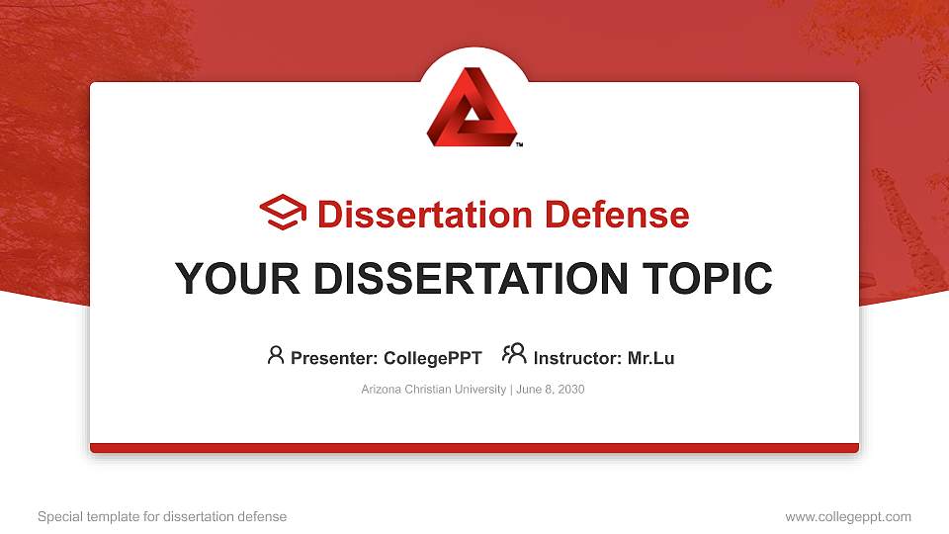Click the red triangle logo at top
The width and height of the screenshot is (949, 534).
(x=473, y=108)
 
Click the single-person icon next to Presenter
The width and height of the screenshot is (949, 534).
(x=276, y=356)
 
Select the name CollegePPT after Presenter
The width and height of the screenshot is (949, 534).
(x=432, y=358)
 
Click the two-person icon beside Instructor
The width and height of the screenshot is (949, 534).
(x=514, y=355)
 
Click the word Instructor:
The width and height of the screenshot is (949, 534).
(x=578, y=358)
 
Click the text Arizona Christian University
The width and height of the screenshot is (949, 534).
(x=434, y=390)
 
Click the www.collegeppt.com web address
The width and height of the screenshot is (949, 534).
(x=848, y=516)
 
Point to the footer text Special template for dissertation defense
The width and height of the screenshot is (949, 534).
(x=162, y=516)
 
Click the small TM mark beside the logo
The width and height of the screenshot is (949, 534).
(x=519, y=144)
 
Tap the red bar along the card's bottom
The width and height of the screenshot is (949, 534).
(x=474, y=448)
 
